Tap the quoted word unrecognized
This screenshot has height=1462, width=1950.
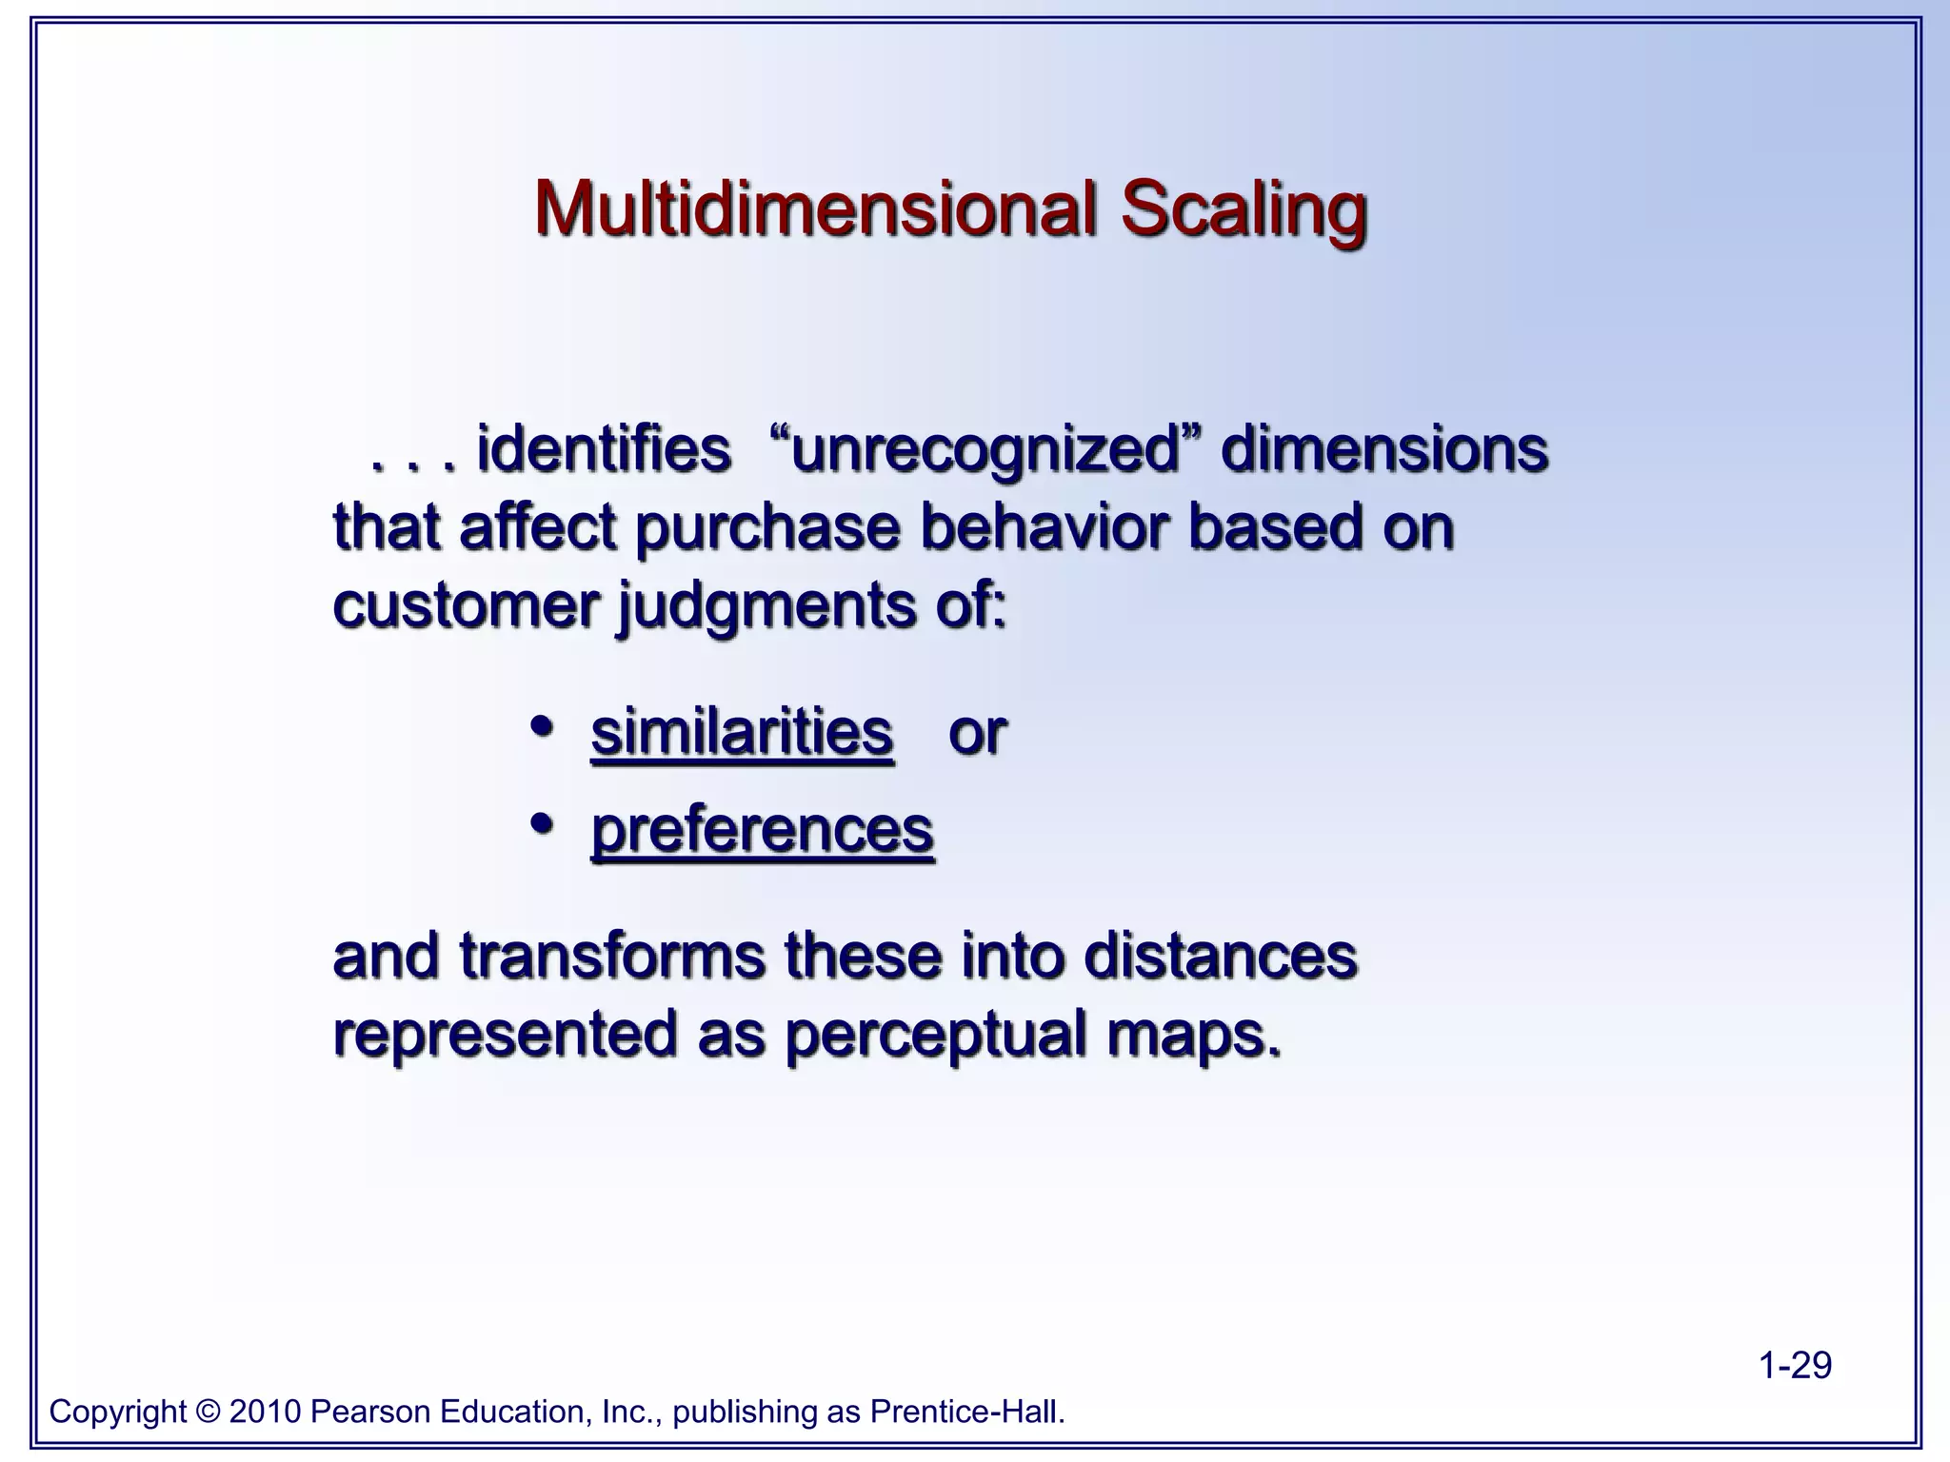click(985, 449)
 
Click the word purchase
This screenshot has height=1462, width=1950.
click(766, 528)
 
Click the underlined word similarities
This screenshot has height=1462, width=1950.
click(742, 732)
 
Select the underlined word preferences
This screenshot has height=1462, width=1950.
click(762, 831)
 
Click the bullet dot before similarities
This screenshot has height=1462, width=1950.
click(542, 728)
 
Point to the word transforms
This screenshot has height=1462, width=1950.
click(612, 956)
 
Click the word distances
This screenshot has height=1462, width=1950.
click(1220, 956)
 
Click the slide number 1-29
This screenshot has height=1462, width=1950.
click(1795, 1365)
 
